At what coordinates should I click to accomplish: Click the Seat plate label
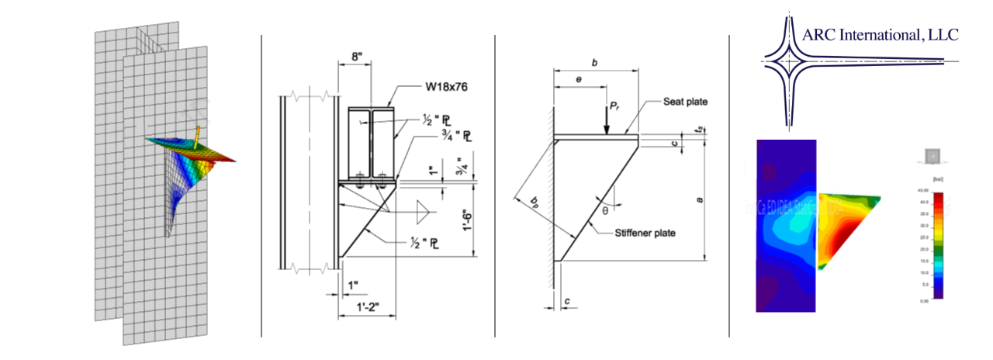click(686, 102)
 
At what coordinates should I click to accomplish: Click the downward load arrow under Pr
click(605, 124)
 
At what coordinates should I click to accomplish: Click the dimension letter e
click(579, 80)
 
